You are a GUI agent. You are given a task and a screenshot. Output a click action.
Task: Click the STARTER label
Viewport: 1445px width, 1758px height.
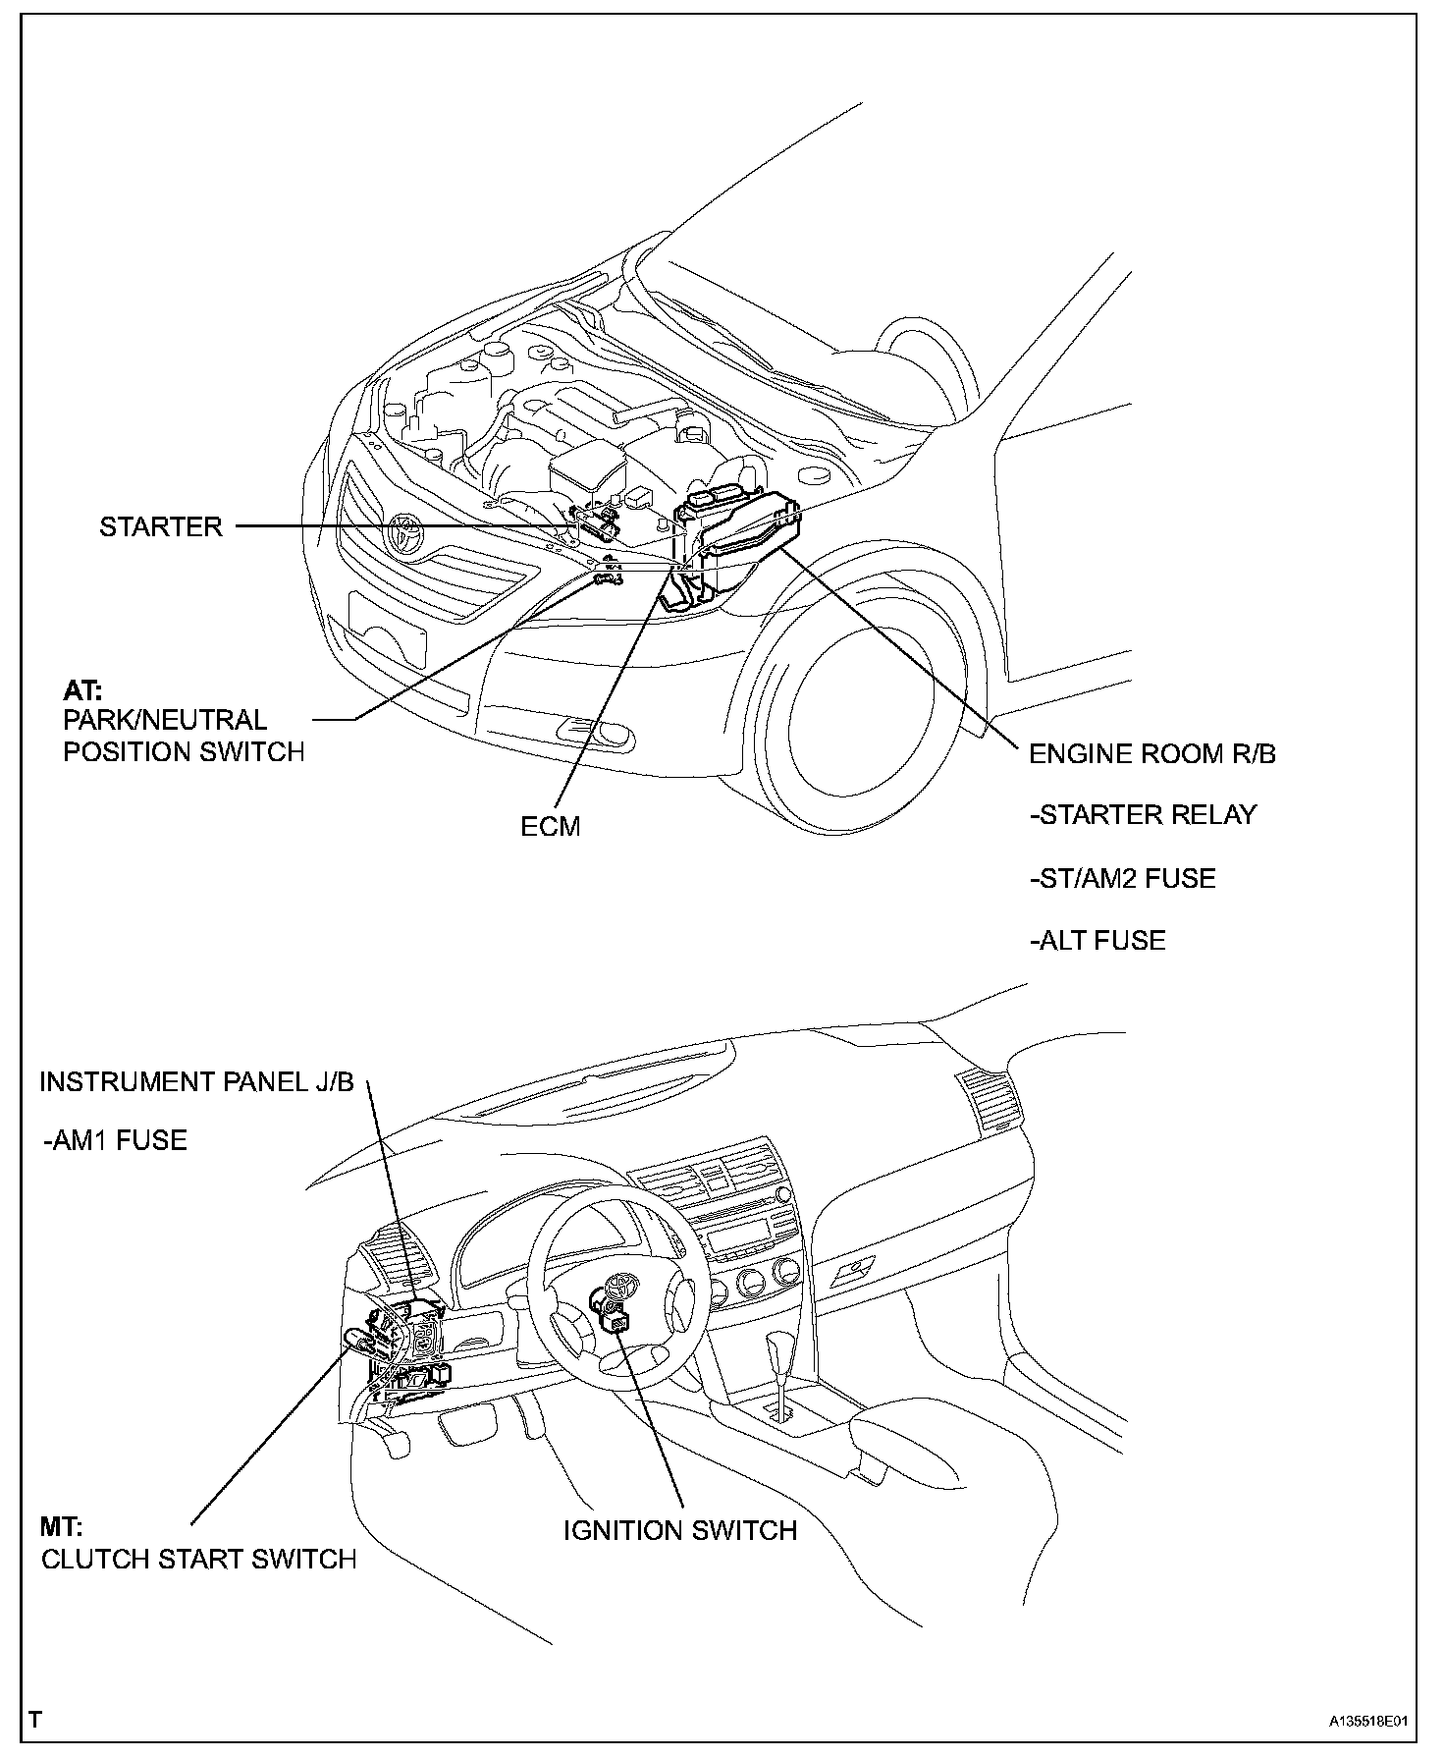tap(161, 526)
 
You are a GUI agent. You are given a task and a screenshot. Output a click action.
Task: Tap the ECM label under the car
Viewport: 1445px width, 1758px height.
tap(551, 826)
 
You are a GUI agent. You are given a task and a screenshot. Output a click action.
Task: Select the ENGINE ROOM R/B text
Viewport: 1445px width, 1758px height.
tap(1152, 753)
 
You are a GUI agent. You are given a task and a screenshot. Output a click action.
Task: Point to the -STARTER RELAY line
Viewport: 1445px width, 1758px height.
tap(1143, 815)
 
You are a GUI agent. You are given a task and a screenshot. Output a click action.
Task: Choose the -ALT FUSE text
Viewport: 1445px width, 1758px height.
tap(1097, 940)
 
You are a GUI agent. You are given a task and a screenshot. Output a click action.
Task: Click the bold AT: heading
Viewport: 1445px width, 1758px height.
tap(82, 690)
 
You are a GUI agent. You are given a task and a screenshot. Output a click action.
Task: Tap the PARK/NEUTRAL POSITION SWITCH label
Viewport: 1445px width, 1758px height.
tap(183, 736)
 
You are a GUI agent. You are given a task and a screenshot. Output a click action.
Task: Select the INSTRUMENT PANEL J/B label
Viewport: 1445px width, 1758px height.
tap(196, 1081)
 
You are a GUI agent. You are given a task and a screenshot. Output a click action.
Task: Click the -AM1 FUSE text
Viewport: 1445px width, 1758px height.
tap(115, 1140)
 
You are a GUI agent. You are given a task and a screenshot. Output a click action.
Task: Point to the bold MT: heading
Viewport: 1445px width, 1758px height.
tap(61, 1527)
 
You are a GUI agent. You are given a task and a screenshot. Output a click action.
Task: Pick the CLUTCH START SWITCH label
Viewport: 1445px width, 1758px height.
tap(198, 1559)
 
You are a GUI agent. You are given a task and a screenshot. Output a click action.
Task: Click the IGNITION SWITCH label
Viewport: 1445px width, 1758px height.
tap(679, 1529)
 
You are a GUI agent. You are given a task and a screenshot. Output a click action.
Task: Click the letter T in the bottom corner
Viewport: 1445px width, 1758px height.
tap(35, 1720)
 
